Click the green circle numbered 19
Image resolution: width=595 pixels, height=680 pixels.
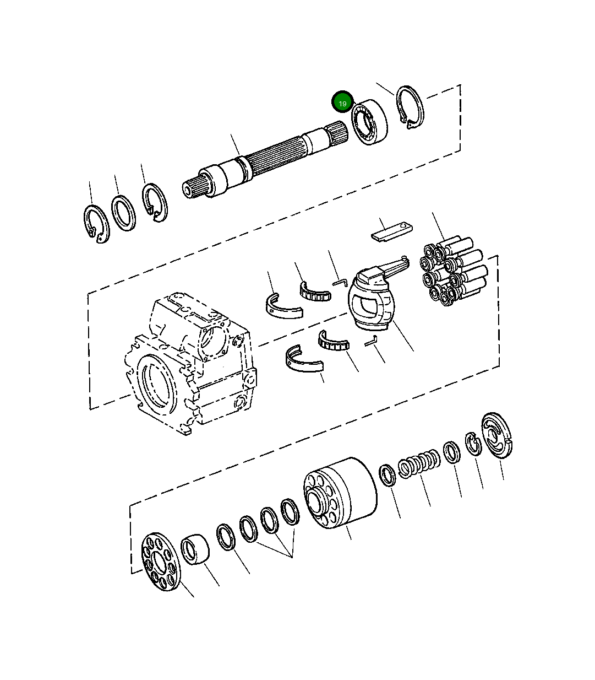tap(342, 103)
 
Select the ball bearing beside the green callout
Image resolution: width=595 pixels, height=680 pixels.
tap(370, 123)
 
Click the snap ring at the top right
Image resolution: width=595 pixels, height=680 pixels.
tap(411, 108)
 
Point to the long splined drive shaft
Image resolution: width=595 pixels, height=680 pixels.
tap(264, 160)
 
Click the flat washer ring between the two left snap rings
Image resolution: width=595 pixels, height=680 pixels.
tap(123, 212)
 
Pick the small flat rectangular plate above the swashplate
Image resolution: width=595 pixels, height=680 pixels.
tap(392, 230)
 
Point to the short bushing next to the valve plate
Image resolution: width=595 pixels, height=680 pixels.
tap(195, 549)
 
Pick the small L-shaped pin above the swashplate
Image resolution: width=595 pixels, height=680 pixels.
tap(339, 282)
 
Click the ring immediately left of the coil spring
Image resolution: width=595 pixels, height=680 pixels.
tap(388, 475)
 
